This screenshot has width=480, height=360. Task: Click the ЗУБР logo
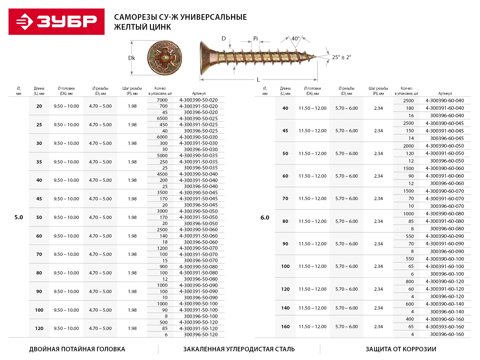(x=56, y=22)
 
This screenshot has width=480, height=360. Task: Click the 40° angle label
(x=295, y=39)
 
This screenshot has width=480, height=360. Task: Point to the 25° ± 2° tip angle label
(x=341, y=57)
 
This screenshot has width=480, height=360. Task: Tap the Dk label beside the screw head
(x=131, y=58)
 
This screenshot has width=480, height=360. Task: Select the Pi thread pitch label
(x=255, y=39)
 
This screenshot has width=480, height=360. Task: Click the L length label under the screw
(x=258, y=80)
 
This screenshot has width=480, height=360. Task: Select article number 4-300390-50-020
(x=198, y=100)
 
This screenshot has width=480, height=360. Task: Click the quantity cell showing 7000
(x=162, y=100)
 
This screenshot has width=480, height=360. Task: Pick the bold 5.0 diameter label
(x=19, y=217)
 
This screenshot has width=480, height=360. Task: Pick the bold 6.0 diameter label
(x=265, y=217)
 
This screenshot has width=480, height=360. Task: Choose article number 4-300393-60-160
(x=445, y=327)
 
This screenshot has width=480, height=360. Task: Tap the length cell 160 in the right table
(x=285, y=326)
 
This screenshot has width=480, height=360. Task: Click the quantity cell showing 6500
(x=162, y=118)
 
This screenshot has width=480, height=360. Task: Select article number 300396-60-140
(x=447, y=312)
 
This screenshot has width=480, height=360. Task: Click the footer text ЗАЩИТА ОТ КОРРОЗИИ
(x=401, y=349)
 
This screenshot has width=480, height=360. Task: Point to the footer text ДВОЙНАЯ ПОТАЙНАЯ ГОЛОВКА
(x=77, y=349)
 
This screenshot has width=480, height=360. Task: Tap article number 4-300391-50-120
(x=198, y=328)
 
